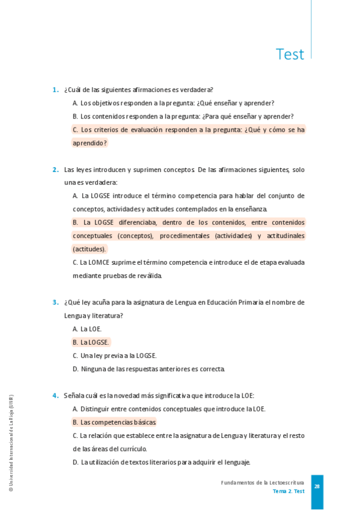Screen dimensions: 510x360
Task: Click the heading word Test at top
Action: [290, 54]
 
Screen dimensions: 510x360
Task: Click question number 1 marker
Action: [55, 90]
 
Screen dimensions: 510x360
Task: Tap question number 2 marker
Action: [55, 170]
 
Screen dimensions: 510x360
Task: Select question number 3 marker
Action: [55, 302]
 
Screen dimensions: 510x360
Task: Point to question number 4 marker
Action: [55, 395]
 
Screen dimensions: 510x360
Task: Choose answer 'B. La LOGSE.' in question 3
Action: [91, 342]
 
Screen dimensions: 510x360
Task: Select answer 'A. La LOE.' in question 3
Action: [87, 329]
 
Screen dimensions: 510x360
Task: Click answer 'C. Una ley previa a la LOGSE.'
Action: [114, 355]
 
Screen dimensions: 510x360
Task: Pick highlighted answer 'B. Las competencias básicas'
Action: [114, 422]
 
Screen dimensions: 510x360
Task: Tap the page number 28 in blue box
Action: [317, 487]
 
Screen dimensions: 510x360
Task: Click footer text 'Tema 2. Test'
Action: [288, 491]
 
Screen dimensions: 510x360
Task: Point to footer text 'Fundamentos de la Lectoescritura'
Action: [263, 482]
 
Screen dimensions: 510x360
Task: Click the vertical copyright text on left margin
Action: [11, 443]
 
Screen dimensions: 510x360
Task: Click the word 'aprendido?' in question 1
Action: [90, 143]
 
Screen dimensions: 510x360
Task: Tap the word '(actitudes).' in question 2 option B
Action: [90, 249]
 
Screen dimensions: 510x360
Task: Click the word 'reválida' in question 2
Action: [149, 275]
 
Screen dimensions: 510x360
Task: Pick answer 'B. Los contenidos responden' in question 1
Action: [183, 116]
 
